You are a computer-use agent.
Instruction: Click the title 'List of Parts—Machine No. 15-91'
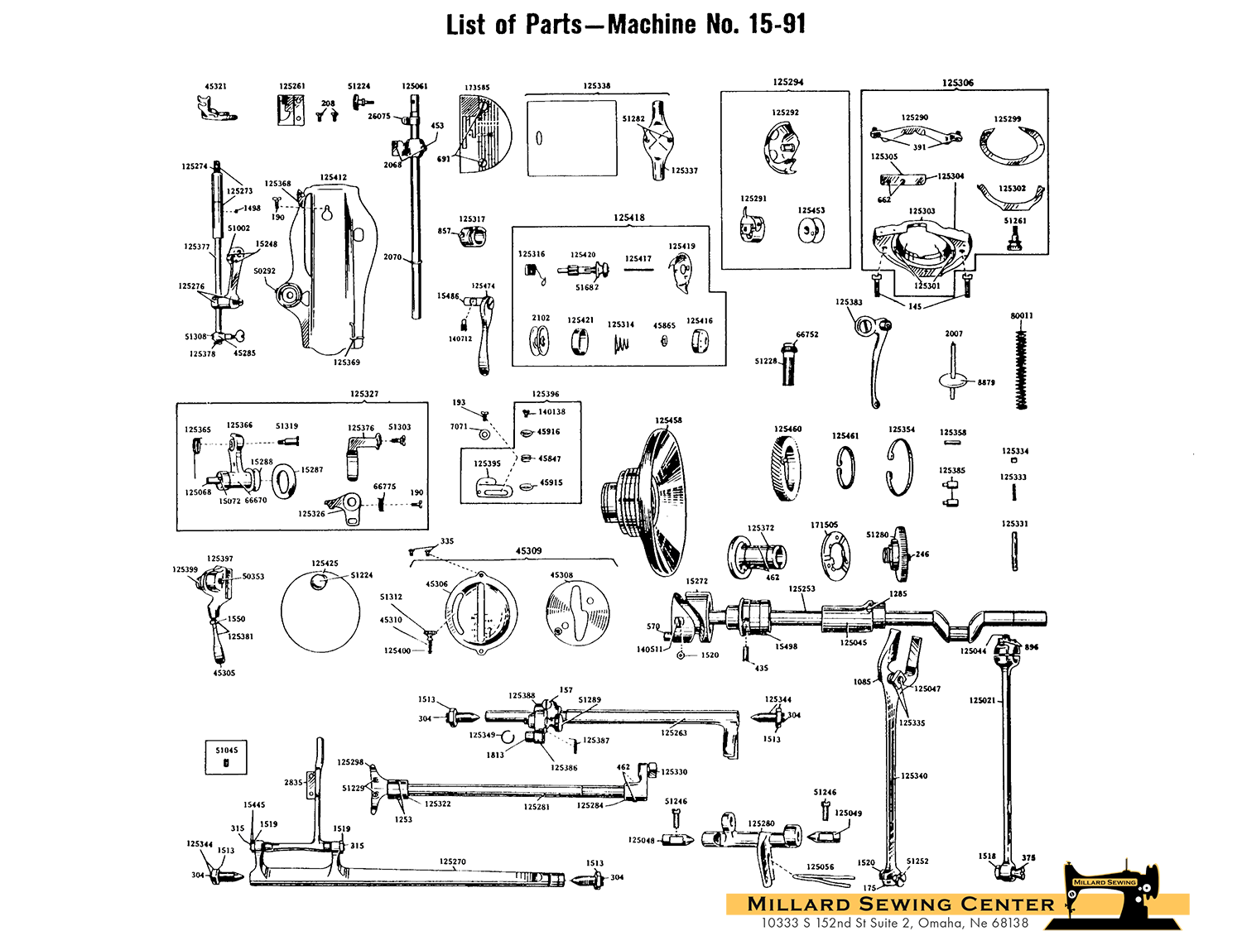click(x=625, y=25)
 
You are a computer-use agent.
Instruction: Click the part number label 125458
click(x=668, y=420)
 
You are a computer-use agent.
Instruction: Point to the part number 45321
click(x=215, y=86)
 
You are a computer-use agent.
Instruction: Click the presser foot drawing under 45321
click(x=216, y=109)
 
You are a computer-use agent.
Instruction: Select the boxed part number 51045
click(x=226, y=751)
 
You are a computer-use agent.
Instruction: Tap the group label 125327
click(x=363, y=394)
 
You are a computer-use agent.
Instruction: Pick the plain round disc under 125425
click(x=320, y=612)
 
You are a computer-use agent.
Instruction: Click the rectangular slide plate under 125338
click(x=572, y=138)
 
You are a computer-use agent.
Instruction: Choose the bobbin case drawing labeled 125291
click(x=752, y=226)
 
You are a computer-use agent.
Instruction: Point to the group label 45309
click(x=528, y=550)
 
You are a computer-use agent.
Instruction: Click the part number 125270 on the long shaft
click(x=452, y=861)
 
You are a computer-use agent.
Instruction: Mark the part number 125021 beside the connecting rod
click(x=983, y=700)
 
